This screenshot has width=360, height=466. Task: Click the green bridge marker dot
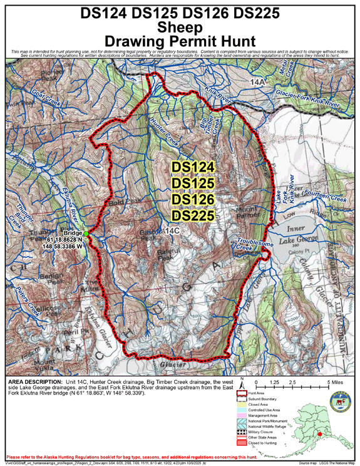86,234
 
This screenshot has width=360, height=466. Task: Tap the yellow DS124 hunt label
193,168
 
